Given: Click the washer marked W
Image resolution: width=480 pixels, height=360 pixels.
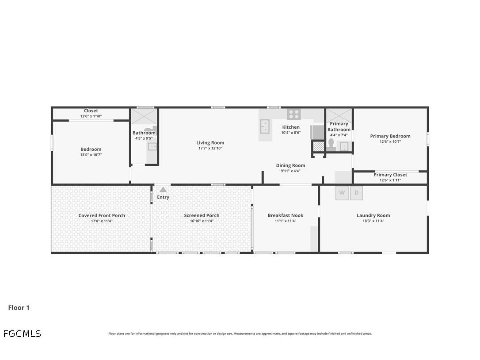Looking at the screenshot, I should click(342, 193).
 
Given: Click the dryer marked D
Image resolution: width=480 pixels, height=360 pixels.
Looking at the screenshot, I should click(356, 193).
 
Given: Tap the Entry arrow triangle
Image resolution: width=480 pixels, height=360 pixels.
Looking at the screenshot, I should click(163, 190).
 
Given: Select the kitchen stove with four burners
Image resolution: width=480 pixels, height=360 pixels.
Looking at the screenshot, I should click(293, 114).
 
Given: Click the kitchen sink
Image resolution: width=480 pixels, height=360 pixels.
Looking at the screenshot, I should click(264, 126).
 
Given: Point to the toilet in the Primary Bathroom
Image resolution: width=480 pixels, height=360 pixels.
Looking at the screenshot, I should click(331, 144).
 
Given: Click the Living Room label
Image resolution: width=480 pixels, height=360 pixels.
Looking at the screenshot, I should click(210, 143).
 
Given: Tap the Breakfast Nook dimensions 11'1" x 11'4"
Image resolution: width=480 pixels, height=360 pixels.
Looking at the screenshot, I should click(285, 221).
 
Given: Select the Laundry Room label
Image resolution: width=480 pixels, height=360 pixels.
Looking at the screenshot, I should click(373, 215).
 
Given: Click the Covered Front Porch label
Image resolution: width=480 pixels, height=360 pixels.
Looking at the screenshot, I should click(102, 215).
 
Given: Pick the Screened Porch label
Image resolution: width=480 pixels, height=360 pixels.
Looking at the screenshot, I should click(202, 215).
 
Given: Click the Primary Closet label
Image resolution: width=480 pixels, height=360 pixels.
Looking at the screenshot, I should click(390, 175).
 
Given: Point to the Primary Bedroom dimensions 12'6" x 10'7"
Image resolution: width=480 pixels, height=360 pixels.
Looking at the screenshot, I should click(390, 142).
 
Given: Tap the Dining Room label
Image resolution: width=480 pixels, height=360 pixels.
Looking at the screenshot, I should click(290, 165).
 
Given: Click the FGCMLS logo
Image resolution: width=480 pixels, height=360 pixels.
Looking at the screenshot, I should click(22, 334).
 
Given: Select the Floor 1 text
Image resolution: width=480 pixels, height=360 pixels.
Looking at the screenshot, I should click(19, 308).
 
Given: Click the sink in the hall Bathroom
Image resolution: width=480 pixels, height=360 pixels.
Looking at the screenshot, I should click(152, 146).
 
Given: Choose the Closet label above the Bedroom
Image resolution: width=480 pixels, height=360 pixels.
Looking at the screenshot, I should click(91, 111).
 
